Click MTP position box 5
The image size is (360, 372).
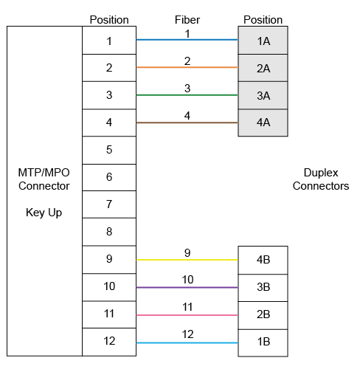(x=109, y=150)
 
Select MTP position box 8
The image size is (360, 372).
(x=109, y=232)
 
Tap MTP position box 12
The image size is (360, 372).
(x=109, y=342)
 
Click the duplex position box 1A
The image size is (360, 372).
(x=263, y=41)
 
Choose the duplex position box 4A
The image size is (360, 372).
(x=263, y=123)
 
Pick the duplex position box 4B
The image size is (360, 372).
(x=263, y=260)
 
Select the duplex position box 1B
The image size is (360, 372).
(x=263, y=342)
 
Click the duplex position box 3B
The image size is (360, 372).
(x=263, y=288)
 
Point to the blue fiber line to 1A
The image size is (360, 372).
(x=187, y=40)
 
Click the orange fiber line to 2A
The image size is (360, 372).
(x=187, y=67)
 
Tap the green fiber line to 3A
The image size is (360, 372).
(x=187, y=95)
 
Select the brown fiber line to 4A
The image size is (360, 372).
(x=187, y=123)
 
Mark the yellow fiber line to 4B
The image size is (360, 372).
(x=187, y=260)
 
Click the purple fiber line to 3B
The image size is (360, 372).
(x=187, y=287)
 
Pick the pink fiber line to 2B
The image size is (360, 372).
(x=187, y=315)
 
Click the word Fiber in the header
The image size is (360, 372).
(x=187, y=20)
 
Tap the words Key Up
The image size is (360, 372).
(x=44, y=213)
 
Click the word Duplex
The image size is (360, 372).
(x=321, y=173)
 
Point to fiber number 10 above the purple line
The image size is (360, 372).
(x=187, y=280)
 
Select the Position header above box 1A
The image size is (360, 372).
(x=263, y=20)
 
